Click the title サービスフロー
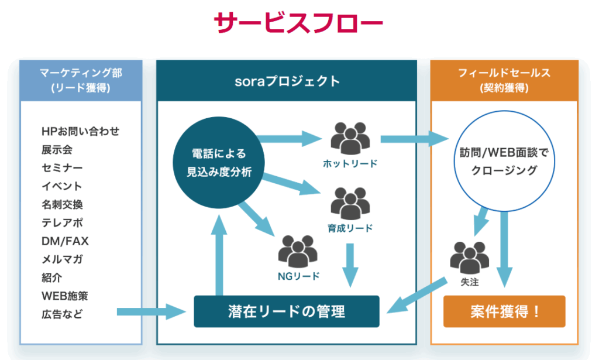[x=299, y=25]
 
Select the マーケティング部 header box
[x=80, y=80]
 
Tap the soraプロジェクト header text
[x=286, y=81]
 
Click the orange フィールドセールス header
[x=504, y=80]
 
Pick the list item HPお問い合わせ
[x=80, y=131]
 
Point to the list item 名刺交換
[x=62, y=204]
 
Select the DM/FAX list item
[x=65, y=241]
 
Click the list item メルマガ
[x=62, y=259]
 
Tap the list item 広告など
[x=62, y=314]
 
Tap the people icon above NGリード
[x=298, y=251]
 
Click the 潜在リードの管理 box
[x=286, y=311]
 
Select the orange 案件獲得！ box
[x=504, y=311]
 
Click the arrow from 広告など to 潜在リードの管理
[x=151, y=311]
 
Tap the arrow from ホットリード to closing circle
[x=412, y=139]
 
